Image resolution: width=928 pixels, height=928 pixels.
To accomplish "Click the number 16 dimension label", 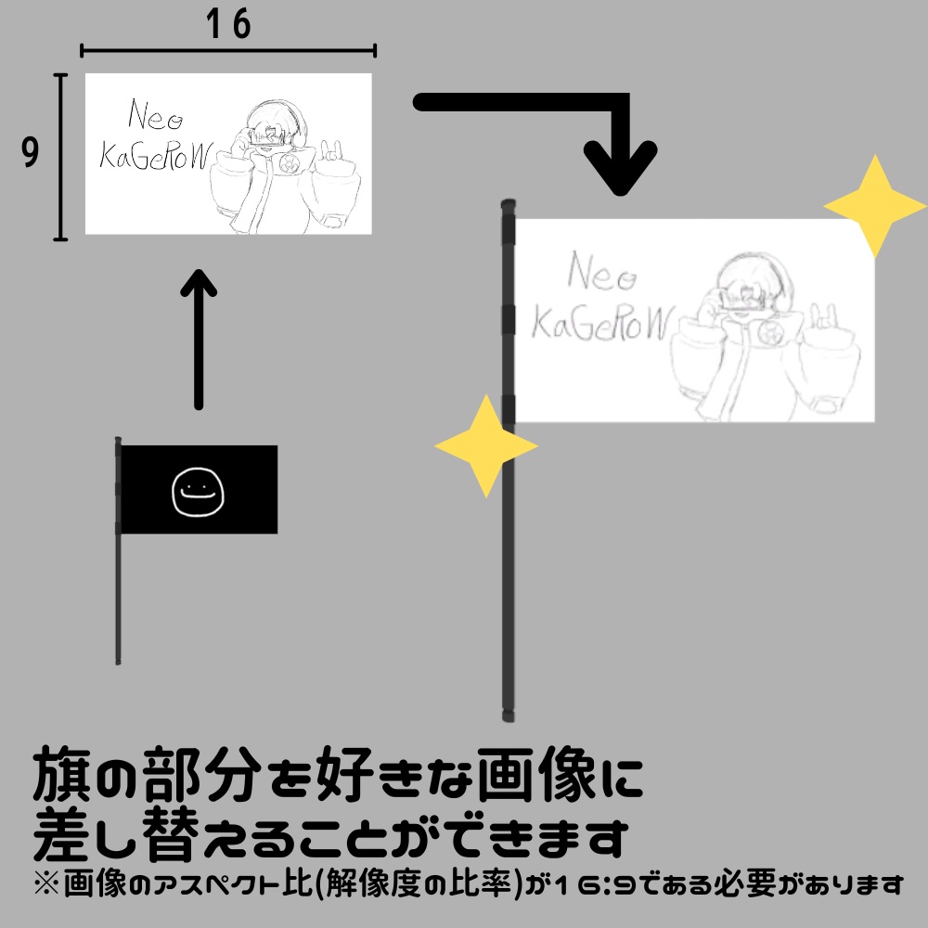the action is [228, 24].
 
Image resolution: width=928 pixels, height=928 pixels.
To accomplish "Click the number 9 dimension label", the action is [31, 151].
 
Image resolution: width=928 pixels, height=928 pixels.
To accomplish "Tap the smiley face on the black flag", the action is [198, 491].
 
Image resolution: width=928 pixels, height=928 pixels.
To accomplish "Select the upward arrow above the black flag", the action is [199, 339].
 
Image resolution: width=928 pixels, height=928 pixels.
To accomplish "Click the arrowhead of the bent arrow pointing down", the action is [620, 169].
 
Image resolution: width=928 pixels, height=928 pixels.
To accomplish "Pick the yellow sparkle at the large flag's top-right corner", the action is [875, 206].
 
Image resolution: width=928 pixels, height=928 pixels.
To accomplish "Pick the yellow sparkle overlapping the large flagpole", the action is [486, 445].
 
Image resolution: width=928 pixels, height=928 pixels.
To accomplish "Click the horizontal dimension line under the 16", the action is [228, 51].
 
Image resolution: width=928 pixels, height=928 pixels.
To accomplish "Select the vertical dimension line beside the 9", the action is [60, 158].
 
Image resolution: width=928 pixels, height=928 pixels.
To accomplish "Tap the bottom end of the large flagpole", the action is [508, 717].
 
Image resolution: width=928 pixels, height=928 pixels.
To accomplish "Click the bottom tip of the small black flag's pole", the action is [118, 662].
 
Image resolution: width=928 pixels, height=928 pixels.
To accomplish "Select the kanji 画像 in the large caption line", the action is [536, 773].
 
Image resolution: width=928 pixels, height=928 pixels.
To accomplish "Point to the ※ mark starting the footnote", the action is [46, 884].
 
